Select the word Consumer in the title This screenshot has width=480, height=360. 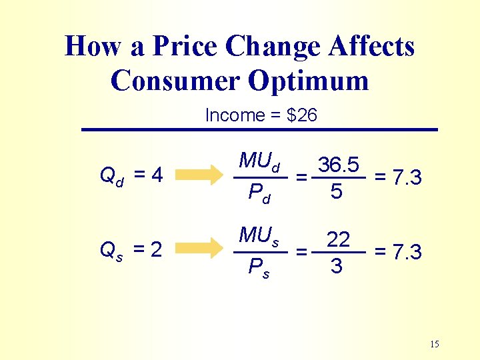click(x=175, y=81)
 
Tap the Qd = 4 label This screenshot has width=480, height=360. click(x=131, y=176)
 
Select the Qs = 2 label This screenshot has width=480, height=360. click(x=131, y=251)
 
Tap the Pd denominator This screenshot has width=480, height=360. click(x=259, y=194)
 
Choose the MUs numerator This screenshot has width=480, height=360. click(x=259, y=236)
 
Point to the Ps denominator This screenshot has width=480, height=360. click(x=259, y=269)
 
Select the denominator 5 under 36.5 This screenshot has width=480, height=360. click(x=337, y=192)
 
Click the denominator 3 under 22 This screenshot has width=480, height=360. click(x=337, y=267)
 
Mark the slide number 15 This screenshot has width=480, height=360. click(x=435, y=344)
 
